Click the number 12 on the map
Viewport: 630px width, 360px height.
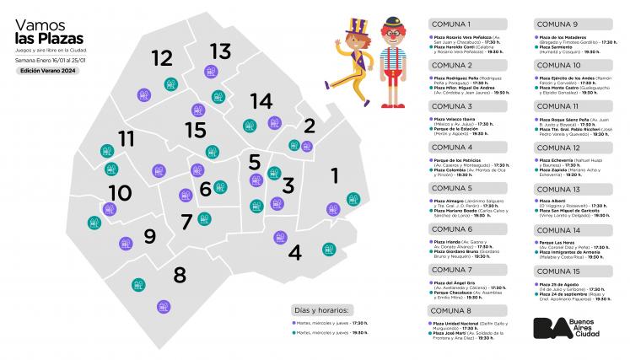click(162, 58)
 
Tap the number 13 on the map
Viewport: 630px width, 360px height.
click(220, 51)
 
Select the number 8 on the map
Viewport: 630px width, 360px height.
click(180, 275)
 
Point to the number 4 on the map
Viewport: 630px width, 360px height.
click(294, 251)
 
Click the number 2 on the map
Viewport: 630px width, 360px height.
click(310, 126)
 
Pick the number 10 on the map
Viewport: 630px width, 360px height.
click(120, 193)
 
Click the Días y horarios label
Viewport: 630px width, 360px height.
click(324, 309)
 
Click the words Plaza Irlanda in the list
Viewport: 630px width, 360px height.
click(449, 241)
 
